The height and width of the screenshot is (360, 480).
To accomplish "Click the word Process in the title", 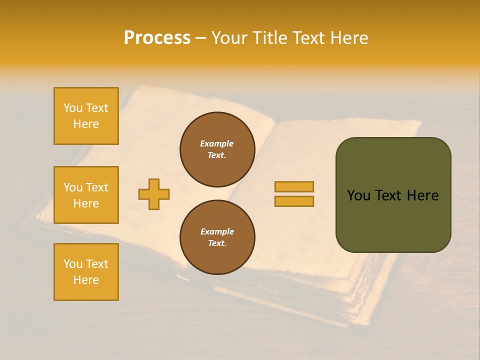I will click(x=157, y=38).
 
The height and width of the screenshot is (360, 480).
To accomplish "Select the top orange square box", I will click(x=86, y=116).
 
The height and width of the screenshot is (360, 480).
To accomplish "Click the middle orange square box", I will click(x=86, y=195).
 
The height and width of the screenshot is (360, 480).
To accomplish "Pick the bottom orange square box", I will click(x=86, y=272).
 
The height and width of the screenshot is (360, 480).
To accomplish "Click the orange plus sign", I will click(x=154, y=194).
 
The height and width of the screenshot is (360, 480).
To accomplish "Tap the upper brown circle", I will click(x=217, y=149).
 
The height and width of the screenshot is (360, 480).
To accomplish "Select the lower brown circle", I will click(x=217, y=237).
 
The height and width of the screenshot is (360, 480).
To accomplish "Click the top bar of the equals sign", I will click(x=294, y=186).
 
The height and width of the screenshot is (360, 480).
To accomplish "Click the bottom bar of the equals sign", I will click(x=294, y=201).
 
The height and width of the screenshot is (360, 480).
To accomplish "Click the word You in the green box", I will click(x=358, y=195).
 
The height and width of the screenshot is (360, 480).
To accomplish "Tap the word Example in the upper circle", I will click(x=217, y=143).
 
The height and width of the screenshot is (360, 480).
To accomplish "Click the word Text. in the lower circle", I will click(x=217, y=243).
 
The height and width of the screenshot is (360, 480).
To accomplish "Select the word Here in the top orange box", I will click(x=86, y=124).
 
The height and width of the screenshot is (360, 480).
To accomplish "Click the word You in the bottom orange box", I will click(x=73, y=264).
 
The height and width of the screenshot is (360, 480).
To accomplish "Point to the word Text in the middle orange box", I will click(x=97, y=187).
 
